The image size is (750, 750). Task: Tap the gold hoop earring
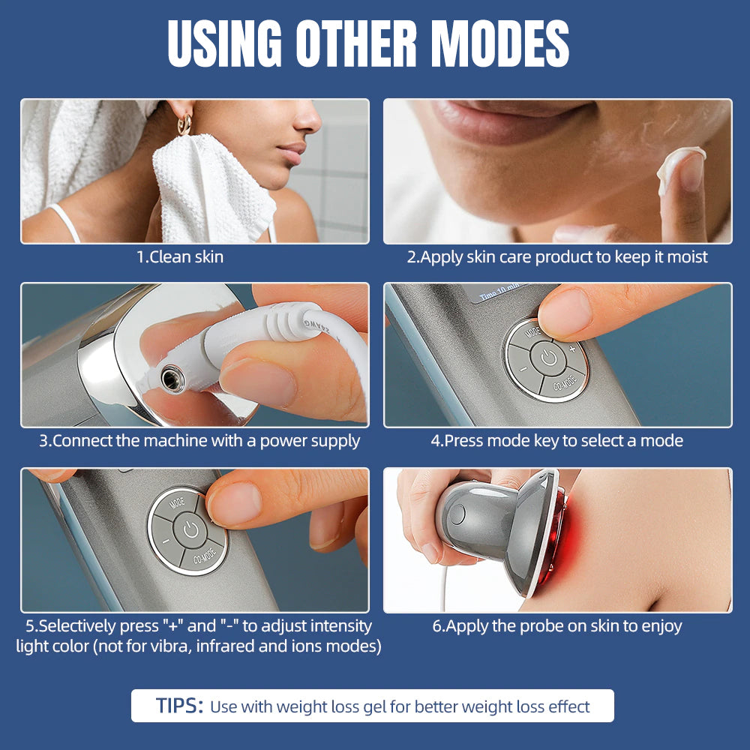pyautogui.click(x=184, y=123)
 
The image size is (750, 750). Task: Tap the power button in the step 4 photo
pyautogui.click(x=549, y=358)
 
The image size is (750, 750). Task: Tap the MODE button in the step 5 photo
pyautogui.click(x=178, y=503)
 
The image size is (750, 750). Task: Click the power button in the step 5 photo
pyautogui.click(x=190, y=530)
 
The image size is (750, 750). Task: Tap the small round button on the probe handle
pyautogui.click(x=457, y=514)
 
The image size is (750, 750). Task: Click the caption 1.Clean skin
pyautogui.click(x=180, y=256)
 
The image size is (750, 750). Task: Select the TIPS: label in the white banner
pyautogui.click(x=179, y=706)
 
